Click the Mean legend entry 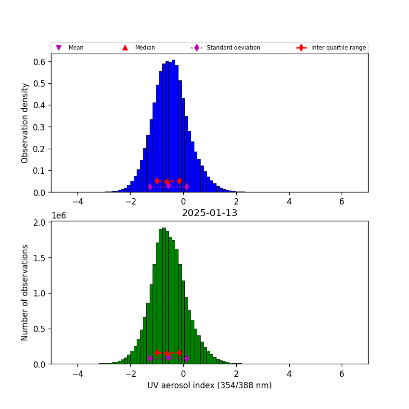pyautogui.click(x=76, y=48)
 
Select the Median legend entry pyautogui.click(x=145, y=48)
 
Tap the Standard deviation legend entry pyautogui.click(x=233, y=48)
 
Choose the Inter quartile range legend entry pyautogui.click(x=338, y=48)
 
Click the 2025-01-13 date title pyautogui.click(x=209, y=213)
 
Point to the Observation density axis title pyautogui.click(x=25, y=123)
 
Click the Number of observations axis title pyautogui.click(x=25, y=293)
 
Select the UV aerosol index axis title pyautogui.click(x=209, y=385)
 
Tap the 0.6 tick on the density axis pyautogui.click(x=39, y=62)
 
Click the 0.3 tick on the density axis pyautogui.click(x=39, y=127)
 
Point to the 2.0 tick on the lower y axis pyautogui.click(x=39, y=222)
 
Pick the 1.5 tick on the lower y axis pyautogui.click(x=39, y=258)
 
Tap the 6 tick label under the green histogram pyautogui.click(x=342, y=374)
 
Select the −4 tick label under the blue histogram pyautogui.click(x=78, y=202)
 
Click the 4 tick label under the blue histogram pyautogui.click(x=289, y=202)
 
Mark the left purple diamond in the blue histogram pyautogui.click(x=150, y=187)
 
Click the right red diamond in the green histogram pyautogui.click(x=179, y=353)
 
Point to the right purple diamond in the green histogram pyautogui.click(x=187, y=358)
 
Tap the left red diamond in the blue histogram pyautogui.click(x=157, y=181)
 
